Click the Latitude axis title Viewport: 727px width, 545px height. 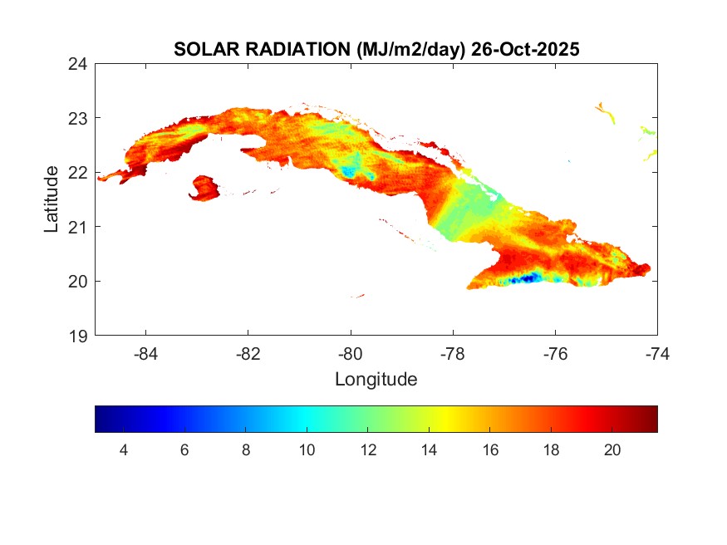[x=52, y=199]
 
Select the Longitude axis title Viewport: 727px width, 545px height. [x=376, y=380]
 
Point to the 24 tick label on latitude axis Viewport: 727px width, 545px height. [x=78, y=63]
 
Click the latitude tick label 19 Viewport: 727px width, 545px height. [x=78, y=336]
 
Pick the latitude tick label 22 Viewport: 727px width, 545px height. [x=78, y=172]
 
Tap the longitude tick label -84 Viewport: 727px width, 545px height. [x=146, y=354]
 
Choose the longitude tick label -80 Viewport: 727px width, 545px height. [x=351, y=354]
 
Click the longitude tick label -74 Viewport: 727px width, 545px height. [x=657, y=354]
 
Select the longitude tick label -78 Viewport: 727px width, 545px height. [x=453, y=354]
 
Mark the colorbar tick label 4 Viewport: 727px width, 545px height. [x=124, y=449]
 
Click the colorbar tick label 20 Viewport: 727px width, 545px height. [x=612, y=449]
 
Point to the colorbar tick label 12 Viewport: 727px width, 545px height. [x=368, y=449]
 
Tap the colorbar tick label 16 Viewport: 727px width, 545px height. [x=490, y=449]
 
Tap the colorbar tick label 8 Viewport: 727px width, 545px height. [x=246, y=449]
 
